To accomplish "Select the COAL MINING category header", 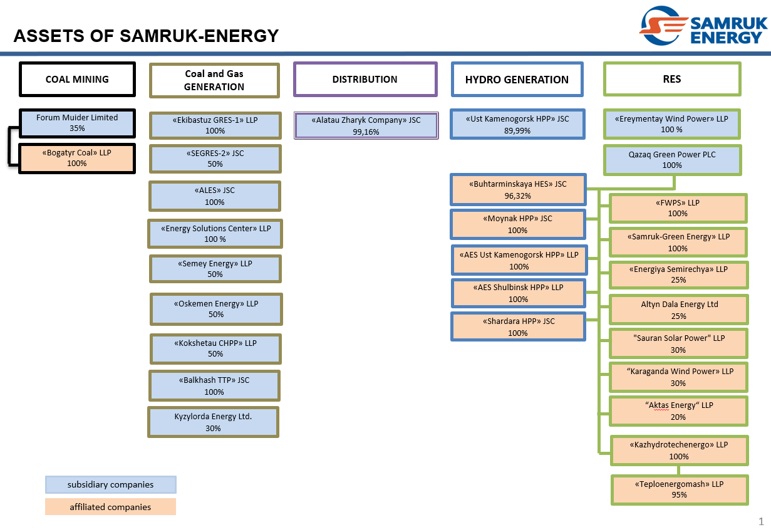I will coord(77,79).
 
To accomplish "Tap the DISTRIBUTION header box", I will coord(365,79).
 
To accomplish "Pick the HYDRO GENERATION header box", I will coord(517,79).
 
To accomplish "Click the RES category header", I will coord(671,79).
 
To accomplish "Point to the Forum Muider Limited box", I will coord(77,123).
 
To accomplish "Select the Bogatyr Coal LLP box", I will coord(77,159).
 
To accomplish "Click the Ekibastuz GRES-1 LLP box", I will coord(215,125).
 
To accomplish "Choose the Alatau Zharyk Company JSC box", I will coord(366,125).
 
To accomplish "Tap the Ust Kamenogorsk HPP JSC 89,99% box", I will coord(517,124).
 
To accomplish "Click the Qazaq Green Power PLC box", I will coord(672,160).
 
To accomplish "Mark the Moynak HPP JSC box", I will coord(517,224).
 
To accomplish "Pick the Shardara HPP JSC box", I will coord(518,326).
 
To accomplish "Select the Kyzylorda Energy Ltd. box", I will coord(213,422).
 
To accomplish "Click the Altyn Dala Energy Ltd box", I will coord(679,310).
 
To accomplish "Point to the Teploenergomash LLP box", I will coord(679,489).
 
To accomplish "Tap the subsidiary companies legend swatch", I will coord(110,484).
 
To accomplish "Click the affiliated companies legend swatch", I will coord(110,506).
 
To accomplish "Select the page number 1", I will coord(761,521).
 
